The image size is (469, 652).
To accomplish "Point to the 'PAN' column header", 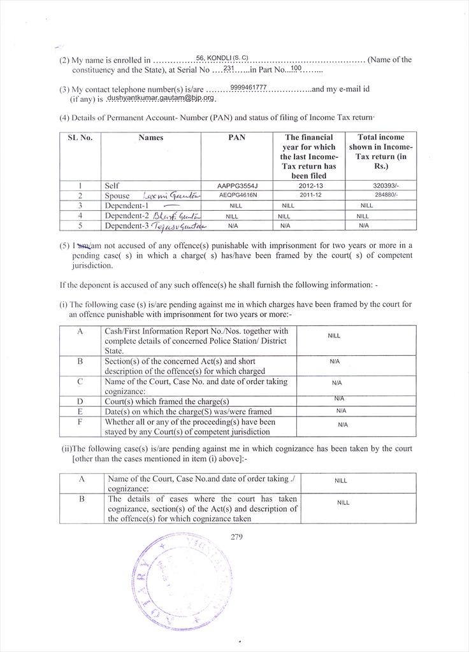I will click(236, 138).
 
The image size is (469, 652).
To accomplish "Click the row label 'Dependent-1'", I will click(126, 206).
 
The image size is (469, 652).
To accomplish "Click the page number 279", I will click(236, 536).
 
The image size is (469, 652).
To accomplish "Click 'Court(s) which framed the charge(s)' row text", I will click(166, 402).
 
